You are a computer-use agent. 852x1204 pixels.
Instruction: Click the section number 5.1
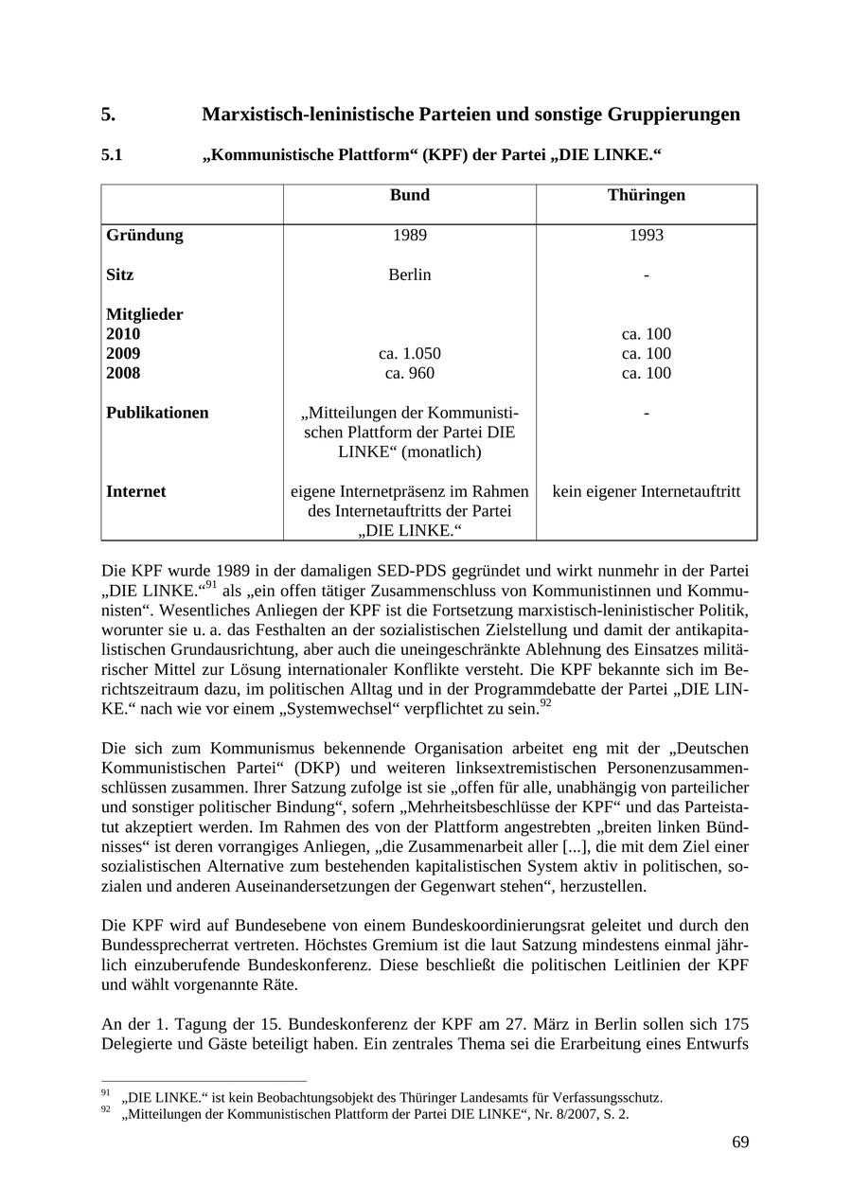point(112,155)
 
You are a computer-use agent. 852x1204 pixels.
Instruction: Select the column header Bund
point(409,195)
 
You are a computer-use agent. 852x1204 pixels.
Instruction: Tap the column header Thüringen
point(646,195)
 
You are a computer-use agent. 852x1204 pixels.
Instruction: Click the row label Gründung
point(145,235)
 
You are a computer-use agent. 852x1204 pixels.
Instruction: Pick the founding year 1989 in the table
point(409,235)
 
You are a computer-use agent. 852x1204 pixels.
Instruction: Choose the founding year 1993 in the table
point(646,235)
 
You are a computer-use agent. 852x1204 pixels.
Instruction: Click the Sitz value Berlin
point(409,274)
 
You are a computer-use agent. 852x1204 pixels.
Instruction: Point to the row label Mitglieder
point(145,314)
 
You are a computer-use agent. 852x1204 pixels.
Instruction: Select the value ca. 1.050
point(409,354)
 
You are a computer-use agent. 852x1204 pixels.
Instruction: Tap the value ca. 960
point(409,374)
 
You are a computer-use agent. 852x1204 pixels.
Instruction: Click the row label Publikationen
point(157,413)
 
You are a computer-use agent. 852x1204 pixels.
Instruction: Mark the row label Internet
point(135,491)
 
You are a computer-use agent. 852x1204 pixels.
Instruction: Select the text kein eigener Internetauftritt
point(646,491)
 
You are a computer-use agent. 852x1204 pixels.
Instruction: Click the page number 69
point(740,1142)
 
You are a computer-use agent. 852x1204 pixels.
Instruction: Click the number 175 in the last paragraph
point(736,1024)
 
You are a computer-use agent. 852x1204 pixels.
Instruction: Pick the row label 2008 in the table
point(123,374)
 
